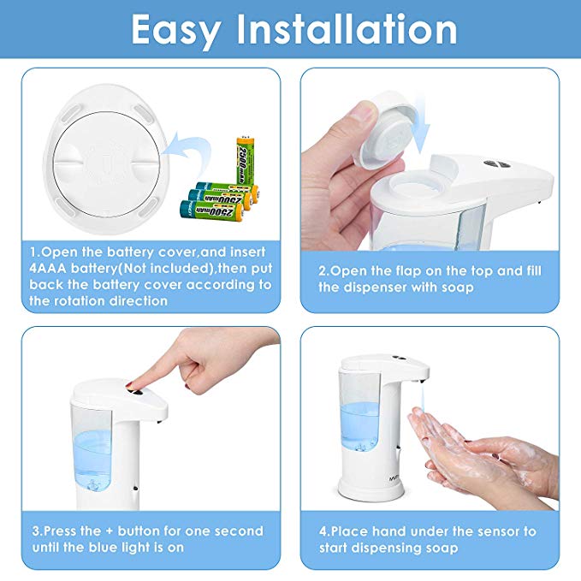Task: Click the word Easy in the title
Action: point(176,31)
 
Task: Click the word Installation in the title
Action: point(347,29)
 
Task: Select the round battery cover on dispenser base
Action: point(107,163)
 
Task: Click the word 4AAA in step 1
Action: point(48,268)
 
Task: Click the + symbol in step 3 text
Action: point(109,531)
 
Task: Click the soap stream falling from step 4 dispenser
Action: point(422,395)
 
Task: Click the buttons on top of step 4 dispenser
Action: point(399,358)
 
